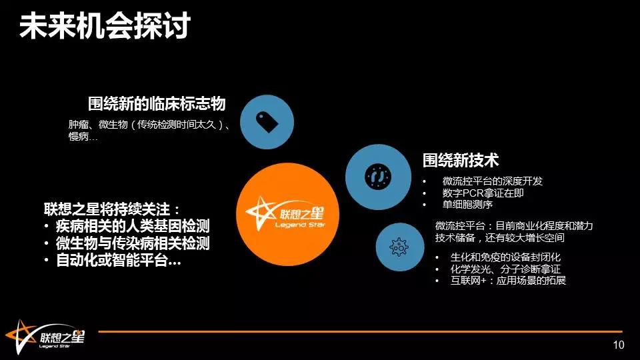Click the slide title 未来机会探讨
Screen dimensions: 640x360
click(105, 25)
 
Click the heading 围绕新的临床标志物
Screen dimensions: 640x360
click(157, 104)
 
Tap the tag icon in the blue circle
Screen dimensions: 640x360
click(267, 122)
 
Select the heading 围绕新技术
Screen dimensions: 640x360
click(461, 160)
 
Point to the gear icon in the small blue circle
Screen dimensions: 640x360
click(399, 247)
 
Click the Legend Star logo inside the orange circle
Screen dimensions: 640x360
click(286, 214)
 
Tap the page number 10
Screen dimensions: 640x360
click(619, 345)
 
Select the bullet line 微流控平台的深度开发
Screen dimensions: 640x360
click(493, 181)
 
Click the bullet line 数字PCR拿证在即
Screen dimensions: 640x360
click(483, 193)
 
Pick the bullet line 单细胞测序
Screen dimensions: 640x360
click(467, 204)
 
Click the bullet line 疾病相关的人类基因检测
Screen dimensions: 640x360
click(133, 226)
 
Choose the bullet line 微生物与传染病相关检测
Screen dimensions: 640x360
click(133, 243)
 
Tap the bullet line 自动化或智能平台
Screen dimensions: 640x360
click(119, 260)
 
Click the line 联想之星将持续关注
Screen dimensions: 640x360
click(112, 209)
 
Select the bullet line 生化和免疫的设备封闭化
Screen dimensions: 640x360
click(505, 257)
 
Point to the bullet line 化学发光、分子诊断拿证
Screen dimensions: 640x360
click(505, 269)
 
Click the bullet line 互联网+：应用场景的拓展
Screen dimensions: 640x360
click(508, 281)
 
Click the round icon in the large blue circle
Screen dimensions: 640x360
click(378, 177)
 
